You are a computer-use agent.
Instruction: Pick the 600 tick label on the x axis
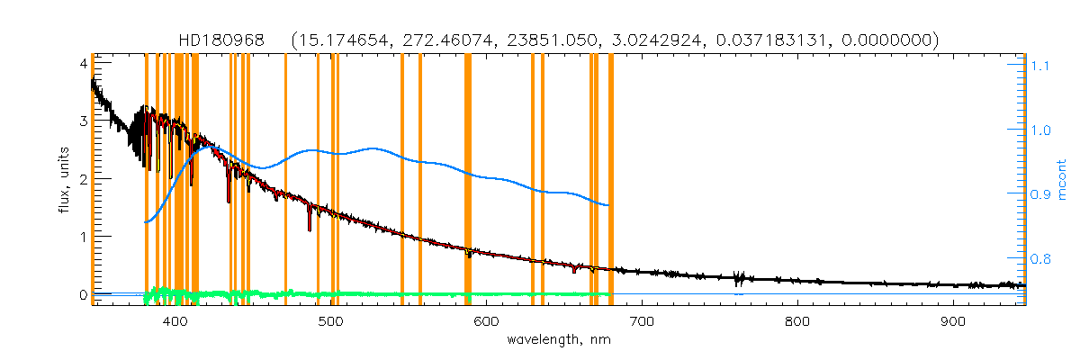[x=486, y=321]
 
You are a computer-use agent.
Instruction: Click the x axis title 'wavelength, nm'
[x=558, y=341]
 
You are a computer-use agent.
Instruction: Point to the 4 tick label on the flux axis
[x=82, y=64]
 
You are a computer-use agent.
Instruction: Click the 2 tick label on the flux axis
[x=82, y=179]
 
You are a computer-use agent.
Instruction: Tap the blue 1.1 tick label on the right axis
[x=1040, y=66]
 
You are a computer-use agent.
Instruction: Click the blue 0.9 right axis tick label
[x=1040, y=194]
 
